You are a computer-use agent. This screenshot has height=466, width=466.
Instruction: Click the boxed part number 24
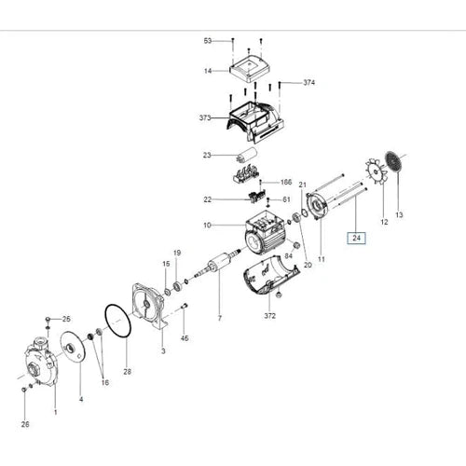pos(356,239)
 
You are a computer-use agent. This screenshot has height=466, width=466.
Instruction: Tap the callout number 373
pos(205,118)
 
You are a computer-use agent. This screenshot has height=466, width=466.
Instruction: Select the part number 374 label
pos(308,83)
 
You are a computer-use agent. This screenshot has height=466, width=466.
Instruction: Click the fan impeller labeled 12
pos(377,171)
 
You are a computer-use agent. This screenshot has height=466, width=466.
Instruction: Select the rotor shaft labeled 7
pos(216,264)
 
